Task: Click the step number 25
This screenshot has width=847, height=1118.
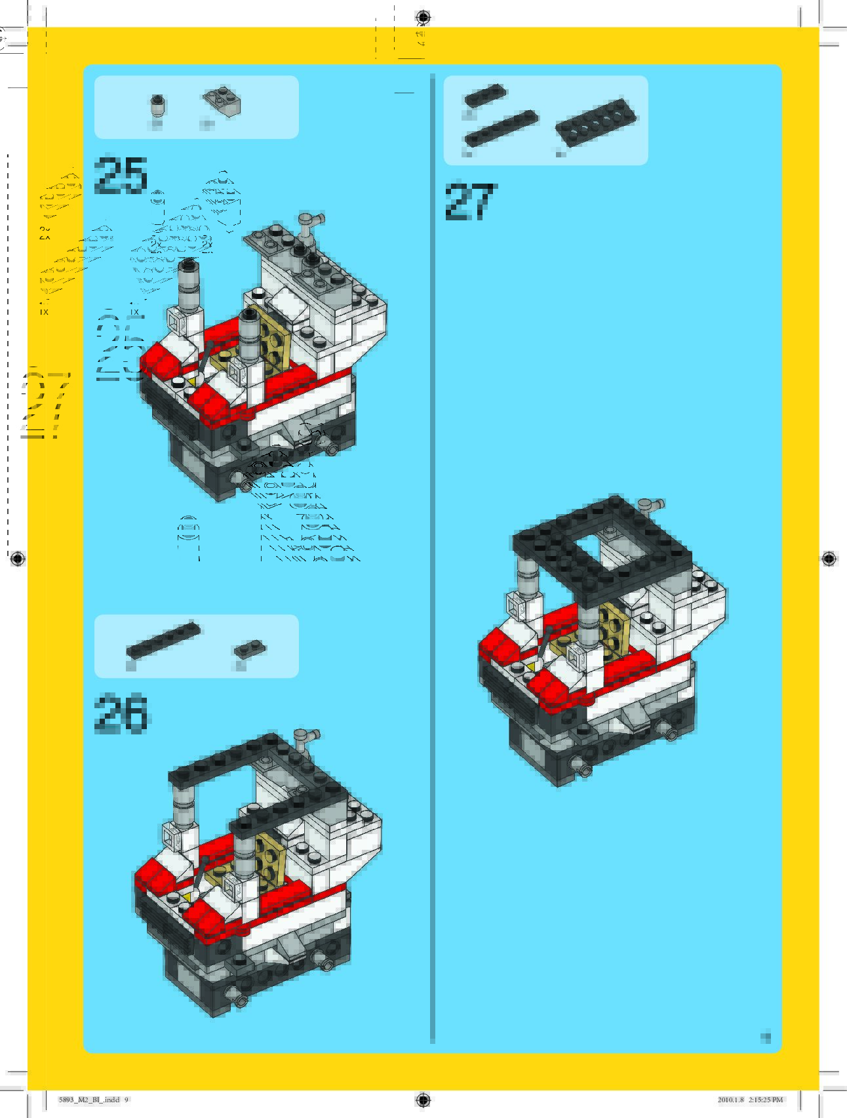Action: pos(121,176)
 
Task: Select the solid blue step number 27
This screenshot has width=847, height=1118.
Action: pos(471,201)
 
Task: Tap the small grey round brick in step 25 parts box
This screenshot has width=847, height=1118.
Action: pos(157,105)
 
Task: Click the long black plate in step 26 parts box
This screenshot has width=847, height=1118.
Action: pos(163,639)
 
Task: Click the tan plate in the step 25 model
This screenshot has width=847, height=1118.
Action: pos(270,338)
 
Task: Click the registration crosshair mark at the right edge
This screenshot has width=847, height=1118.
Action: pos(828,559)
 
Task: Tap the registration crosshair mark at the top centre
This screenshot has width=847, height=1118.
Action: pos(423,16)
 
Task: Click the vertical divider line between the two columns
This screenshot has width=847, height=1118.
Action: pos(433,557)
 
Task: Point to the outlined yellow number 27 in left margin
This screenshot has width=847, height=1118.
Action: pos(45,405)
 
